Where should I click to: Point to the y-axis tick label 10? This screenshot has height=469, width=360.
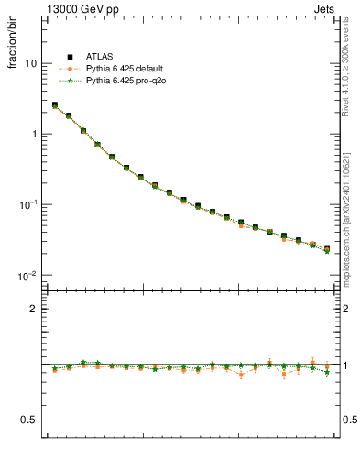pos(32,63)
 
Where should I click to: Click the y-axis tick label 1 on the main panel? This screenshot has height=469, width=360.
pos(35,134)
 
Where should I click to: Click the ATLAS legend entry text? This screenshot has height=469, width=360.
pos(99,57)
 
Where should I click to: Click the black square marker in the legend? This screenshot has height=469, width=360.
pos(70,57)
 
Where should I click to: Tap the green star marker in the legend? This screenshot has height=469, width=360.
pos(70,81)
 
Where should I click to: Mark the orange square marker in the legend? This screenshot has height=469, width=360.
pos(70,69)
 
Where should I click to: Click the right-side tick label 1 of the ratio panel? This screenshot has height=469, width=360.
pos(345,365)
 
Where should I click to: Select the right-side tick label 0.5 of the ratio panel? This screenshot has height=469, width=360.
pos(349,420)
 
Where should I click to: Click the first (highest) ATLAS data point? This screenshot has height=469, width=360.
pos(55,105)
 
